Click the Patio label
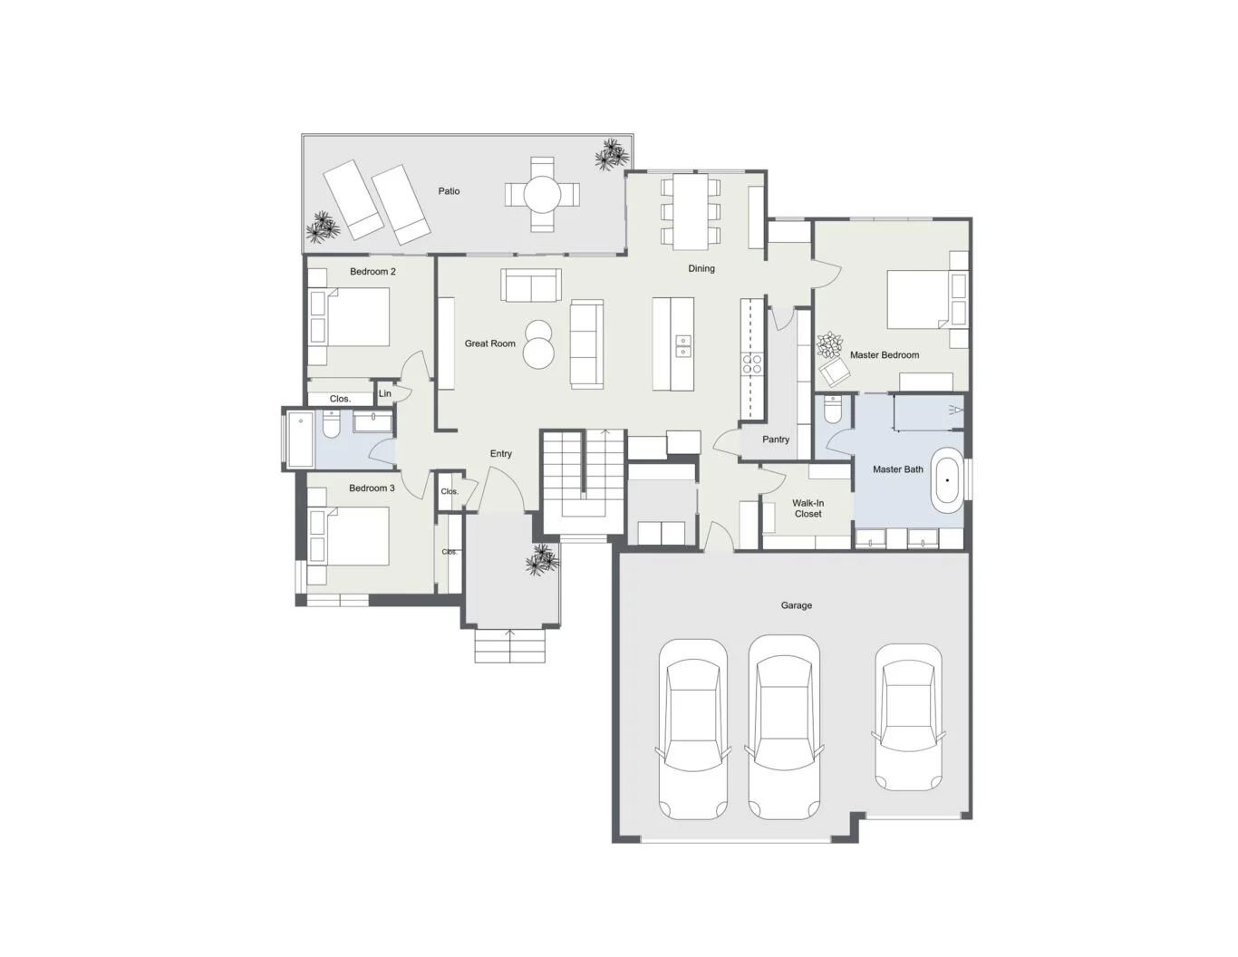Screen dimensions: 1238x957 pyautogui.click(x=449, y=191)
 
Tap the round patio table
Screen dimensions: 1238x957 pyautogui.click(x=542, y=194)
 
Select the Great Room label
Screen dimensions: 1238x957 pyautogui.click(x=489, y=343)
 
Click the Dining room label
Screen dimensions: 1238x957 pyautogui.click(x=701, y=268)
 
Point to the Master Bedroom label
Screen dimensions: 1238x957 pyautogui.click(x=885, y=355)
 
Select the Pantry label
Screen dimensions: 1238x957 pyautogui.click(x=776, y=440)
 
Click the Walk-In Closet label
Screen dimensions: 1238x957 pyautogui.click(x=808, y=508)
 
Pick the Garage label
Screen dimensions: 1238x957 pyautogui.click(x=796, y=605)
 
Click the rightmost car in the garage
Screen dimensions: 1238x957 pyautogui.click(x=907, y=717)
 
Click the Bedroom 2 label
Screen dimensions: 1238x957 pyautogui.click(x=372, y=272)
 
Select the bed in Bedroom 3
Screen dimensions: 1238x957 pyautogui.click(x=349, y=536)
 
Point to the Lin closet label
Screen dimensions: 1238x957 pyautogui.click(x=385, y=393)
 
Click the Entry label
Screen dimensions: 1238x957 pyautogui.click(x=501, y=453)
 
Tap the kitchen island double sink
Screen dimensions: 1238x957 pyautogui.click(x=682, y=346)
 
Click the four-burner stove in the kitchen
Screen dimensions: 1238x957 pyautogui.click(x=751, y=363)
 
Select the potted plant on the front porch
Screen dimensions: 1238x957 pyautogui.click(x=541, y=559)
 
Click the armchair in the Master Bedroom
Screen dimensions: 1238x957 pyautogui.click(x=834, y=372)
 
